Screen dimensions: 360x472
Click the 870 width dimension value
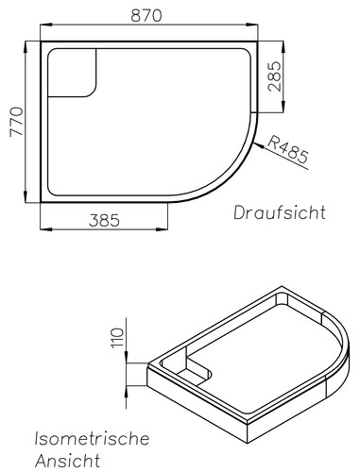(x=146, y=15)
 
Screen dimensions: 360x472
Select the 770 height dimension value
(x=17, y=122)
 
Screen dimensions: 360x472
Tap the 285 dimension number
(x=274, y=76)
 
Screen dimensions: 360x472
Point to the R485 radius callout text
(x=287, y=151)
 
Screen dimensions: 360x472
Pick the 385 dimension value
(x=104, y=221)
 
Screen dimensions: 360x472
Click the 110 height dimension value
(x=117, y=338)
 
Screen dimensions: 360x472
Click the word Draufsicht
(x=280, y=212)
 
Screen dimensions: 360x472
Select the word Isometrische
(x=92, y=438)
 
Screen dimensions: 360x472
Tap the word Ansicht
(x=67, y=461)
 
